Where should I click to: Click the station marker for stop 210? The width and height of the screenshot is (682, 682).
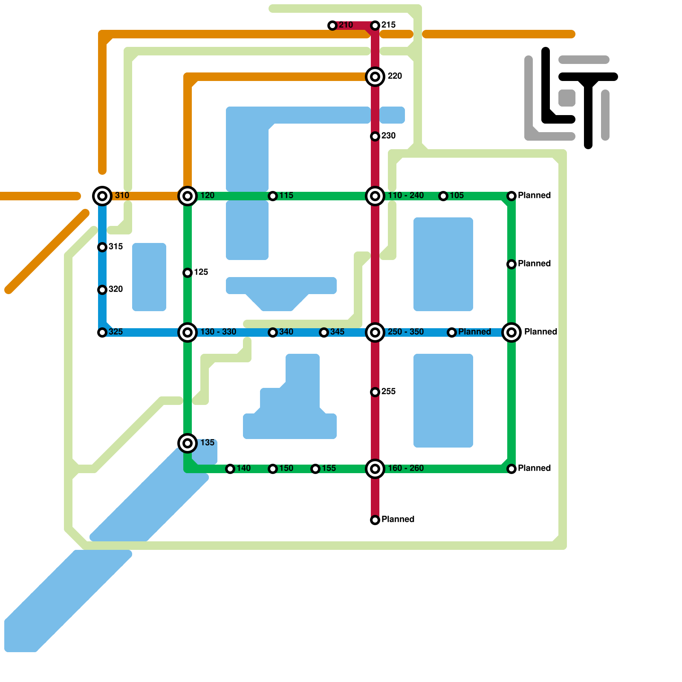(332, 26)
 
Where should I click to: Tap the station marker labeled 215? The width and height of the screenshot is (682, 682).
(375, 26)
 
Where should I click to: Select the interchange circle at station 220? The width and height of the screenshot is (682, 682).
(375, 77)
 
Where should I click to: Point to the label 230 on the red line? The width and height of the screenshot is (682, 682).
(388, 136)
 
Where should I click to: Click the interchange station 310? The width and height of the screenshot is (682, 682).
(102, 196)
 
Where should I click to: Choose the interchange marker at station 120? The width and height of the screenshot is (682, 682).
(188, 196)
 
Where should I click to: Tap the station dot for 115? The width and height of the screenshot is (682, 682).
(273, 196)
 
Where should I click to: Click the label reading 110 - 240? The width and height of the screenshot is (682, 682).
(405, 196)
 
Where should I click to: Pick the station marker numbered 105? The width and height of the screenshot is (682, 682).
(443, 196)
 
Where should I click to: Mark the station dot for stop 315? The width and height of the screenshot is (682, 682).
(102, 247)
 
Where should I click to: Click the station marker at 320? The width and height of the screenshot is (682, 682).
(102, 290)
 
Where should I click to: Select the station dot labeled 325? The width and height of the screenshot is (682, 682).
(102, 332)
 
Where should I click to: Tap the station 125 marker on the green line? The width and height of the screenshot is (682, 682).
(188, 273)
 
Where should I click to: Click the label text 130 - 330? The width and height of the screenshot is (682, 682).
(218, 332)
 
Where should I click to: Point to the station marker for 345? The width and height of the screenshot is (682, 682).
(324, 332)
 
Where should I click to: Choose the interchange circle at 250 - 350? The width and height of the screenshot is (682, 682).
(375, 332)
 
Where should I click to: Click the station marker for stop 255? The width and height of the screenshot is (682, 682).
(375, 392)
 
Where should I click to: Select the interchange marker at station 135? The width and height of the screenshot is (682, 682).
(188, 443)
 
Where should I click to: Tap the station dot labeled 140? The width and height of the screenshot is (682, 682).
(230, 469)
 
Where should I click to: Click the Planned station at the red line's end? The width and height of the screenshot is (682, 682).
(375, 520)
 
